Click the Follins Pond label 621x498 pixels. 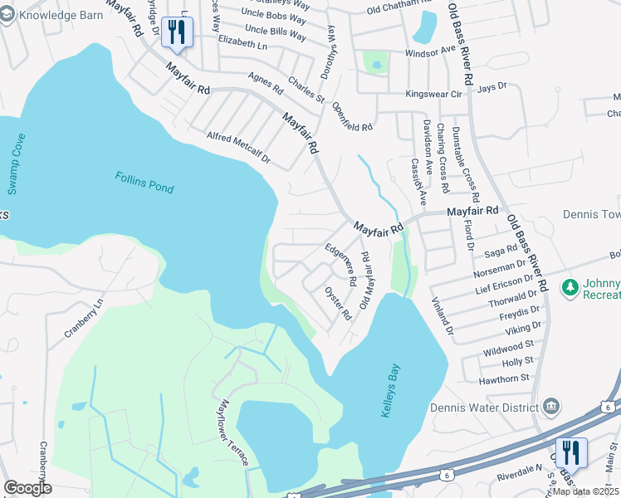(144, 183)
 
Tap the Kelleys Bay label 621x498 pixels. (390, 390)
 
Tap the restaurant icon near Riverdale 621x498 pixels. (571, 453)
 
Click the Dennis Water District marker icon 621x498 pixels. (550, 406)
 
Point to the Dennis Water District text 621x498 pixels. (485, 407)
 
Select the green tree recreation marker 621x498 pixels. (570, 288)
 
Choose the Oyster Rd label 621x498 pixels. (338, 305)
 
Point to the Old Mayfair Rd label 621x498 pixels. (364, 282)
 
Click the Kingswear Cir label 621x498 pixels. (433, 94)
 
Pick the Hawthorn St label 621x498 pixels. (504, 378)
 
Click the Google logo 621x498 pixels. (27, 488)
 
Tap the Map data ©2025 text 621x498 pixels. (584, 491)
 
